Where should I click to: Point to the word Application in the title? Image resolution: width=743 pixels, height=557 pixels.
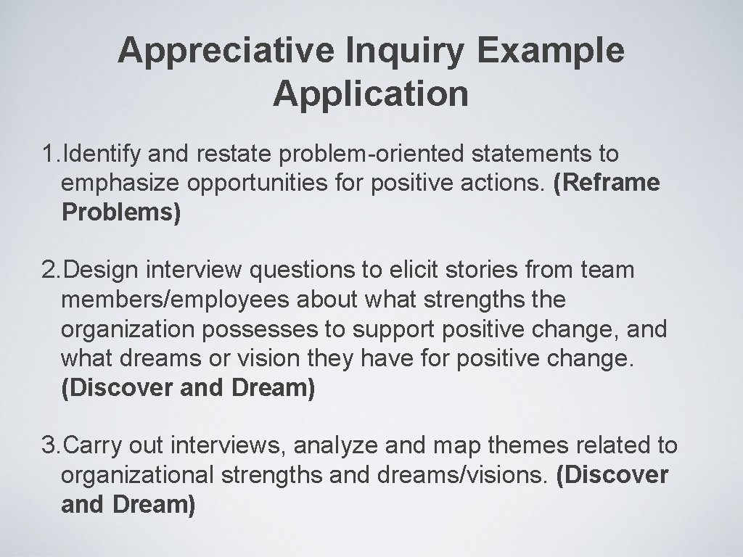(x=371, y=94)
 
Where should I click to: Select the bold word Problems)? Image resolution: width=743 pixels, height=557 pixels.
(x=120, y=213)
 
